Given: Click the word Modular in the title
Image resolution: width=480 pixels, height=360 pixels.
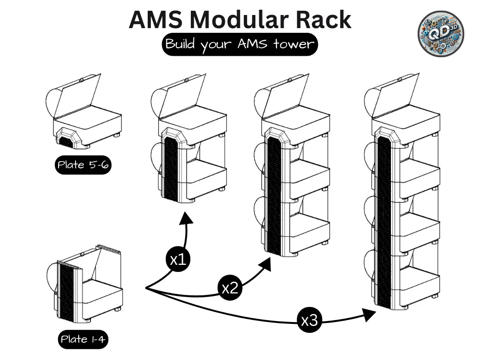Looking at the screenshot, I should click(240, 20).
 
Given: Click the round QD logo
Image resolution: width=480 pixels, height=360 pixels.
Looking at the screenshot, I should click(441, 32).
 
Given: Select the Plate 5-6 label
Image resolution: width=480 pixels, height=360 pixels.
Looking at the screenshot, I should click(83, 165).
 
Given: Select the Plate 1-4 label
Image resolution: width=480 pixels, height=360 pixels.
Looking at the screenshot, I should click(83, 339).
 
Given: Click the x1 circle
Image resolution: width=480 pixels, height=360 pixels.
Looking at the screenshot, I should click(178, 259).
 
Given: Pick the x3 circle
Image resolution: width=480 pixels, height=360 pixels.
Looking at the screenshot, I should click(309, 321).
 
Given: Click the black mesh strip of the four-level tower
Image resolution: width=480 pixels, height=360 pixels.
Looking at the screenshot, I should click(384, 220).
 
